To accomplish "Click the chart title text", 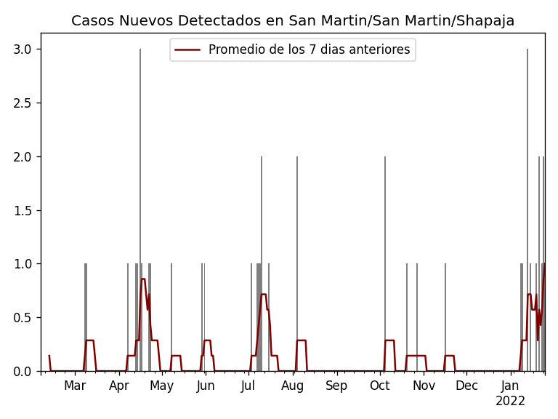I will [x=293, y=21].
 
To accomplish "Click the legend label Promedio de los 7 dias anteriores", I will [x=309, y=50].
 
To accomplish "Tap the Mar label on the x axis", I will [x=75, y=386].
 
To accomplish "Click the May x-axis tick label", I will [x=162, y=386].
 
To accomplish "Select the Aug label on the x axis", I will [x=293, y=386].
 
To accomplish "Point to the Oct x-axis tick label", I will [x=380, y=386].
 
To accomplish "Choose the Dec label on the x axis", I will [x=466, y=386].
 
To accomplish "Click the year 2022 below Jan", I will [x=510, y=402].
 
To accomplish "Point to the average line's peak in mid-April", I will [x=143, y=279].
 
